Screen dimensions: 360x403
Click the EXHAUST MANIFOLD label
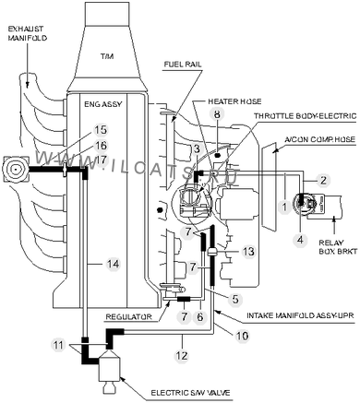[27, 33]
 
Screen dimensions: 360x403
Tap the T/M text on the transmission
[107, 56]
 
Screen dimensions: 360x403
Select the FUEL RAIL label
[183, 64]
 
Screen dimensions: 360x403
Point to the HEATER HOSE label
[234, 101]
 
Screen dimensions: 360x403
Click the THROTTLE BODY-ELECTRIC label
[306, 116]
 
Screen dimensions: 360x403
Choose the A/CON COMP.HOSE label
[320, 139]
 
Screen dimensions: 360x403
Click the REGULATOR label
[128, 316]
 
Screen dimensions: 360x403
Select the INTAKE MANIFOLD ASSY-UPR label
[301, 315]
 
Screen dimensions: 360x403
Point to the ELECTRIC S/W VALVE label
[190, 393]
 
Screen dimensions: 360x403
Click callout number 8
[217, 114]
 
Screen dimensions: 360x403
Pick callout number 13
[248, 251]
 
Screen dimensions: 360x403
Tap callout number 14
[113, 264]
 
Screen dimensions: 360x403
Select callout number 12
[182, 355]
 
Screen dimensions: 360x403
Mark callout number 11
[58, 345]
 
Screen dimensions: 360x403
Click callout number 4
[300, 239]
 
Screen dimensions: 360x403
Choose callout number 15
[101, 129]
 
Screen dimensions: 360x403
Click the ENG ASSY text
[103, 104]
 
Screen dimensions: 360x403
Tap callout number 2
[323, 180]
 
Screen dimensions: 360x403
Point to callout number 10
[242, 336]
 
